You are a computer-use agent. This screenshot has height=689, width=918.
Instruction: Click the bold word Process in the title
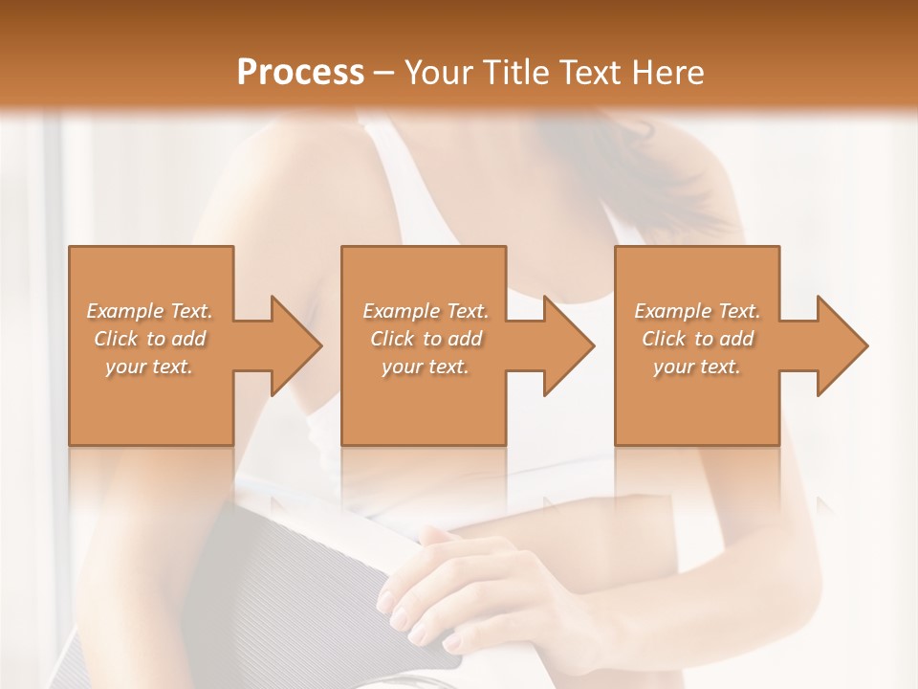[300, 73]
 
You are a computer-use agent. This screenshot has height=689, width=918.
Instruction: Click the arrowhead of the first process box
[292, 345]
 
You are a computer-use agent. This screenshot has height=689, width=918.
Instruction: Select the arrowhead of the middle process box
[564, 345]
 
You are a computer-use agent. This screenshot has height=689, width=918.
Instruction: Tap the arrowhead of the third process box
[838, 345]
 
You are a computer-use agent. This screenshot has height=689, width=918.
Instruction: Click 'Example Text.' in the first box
[150, 311]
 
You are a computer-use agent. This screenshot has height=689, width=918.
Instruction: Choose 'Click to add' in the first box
[150, 339]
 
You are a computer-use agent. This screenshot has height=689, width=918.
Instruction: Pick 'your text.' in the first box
[150, 367]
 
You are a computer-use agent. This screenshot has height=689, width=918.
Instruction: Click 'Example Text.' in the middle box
[426, 311]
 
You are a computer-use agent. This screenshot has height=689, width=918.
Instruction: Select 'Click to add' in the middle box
[426, 339]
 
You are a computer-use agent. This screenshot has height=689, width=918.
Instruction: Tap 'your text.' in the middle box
[426, 367]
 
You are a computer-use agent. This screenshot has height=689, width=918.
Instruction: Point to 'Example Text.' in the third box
[697, 311]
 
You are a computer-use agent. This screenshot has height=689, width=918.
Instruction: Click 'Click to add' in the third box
[697, 339]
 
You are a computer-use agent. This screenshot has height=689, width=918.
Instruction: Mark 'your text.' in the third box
[697, 367]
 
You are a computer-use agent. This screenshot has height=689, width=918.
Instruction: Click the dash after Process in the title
[384, 73]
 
